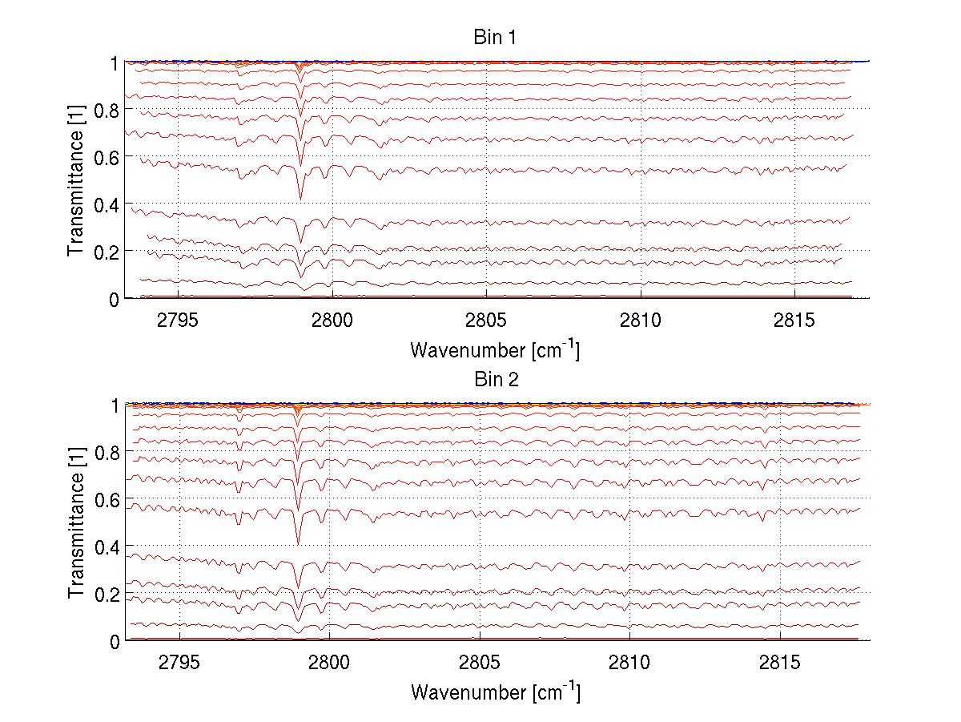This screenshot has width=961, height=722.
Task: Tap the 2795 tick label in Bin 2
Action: [179, 662]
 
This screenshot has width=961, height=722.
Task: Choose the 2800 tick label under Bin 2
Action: [329, 662]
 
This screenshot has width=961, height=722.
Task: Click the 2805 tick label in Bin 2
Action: [479, 662]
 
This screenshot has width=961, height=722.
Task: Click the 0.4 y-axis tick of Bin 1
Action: [107, 204]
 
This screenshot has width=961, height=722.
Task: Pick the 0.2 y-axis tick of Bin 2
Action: [107, 594]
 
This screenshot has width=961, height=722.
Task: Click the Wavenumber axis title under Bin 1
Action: [495, 349]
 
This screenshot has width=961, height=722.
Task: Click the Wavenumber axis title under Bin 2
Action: [495, 692]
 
